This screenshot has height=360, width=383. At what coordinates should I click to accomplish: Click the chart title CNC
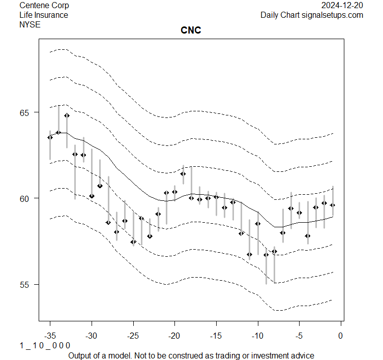191,31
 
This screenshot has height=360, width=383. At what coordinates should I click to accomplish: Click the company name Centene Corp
44,6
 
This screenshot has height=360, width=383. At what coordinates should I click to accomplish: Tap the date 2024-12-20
342,6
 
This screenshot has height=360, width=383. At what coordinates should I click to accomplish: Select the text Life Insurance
44,15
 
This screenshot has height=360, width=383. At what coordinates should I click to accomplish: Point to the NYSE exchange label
30,24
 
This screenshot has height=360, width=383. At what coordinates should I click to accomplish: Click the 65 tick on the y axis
25,112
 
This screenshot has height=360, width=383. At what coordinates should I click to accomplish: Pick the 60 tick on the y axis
25,198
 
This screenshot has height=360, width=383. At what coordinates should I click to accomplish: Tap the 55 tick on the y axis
25,284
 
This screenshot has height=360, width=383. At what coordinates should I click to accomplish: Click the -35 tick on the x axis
50,336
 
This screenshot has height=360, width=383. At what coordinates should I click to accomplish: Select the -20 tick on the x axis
174,336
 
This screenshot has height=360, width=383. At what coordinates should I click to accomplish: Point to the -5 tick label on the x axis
299,336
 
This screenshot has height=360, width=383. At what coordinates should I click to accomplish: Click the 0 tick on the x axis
341,336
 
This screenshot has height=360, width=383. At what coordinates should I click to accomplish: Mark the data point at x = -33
67,115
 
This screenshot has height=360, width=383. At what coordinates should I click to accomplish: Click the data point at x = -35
50,137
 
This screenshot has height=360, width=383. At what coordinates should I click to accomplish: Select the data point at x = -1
333,205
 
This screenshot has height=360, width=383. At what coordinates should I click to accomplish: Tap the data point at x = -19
183,174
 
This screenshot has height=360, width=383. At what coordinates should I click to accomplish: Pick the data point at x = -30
92,196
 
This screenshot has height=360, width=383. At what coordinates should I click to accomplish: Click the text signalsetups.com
333,15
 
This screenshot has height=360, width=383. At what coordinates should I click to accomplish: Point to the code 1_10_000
45,346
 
